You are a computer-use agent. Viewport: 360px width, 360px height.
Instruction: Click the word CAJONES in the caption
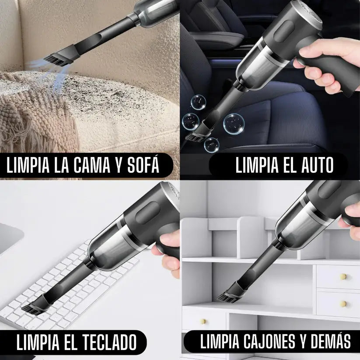273,342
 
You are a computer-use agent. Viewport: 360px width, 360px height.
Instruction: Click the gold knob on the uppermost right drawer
343,276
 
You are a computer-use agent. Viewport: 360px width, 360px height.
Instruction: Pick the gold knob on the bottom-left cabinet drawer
203,321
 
